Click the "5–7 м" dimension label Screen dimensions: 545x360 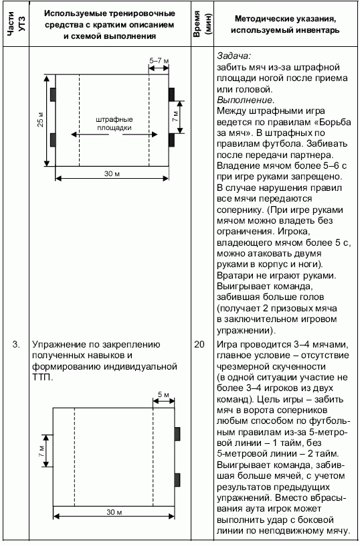(x=159, y=60)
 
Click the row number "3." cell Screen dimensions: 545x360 (x=15, y=344)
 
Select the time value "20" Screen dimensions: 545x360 (x=199, y=344)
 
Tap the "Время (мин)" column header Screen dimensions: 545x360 (x=199, y=25)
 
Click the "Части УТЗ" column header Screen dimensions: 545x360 (x=15, y=25)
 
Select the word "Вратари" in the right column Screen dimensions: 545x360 (x=234, y=275)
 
